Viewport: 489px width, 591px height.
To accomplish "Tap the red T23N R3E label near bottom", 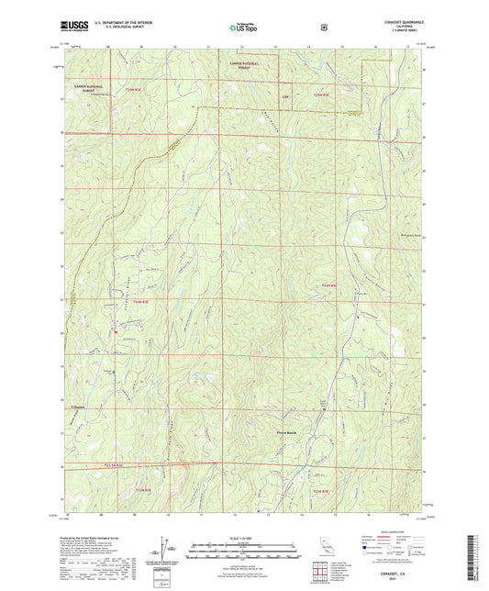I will point(321,493).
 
